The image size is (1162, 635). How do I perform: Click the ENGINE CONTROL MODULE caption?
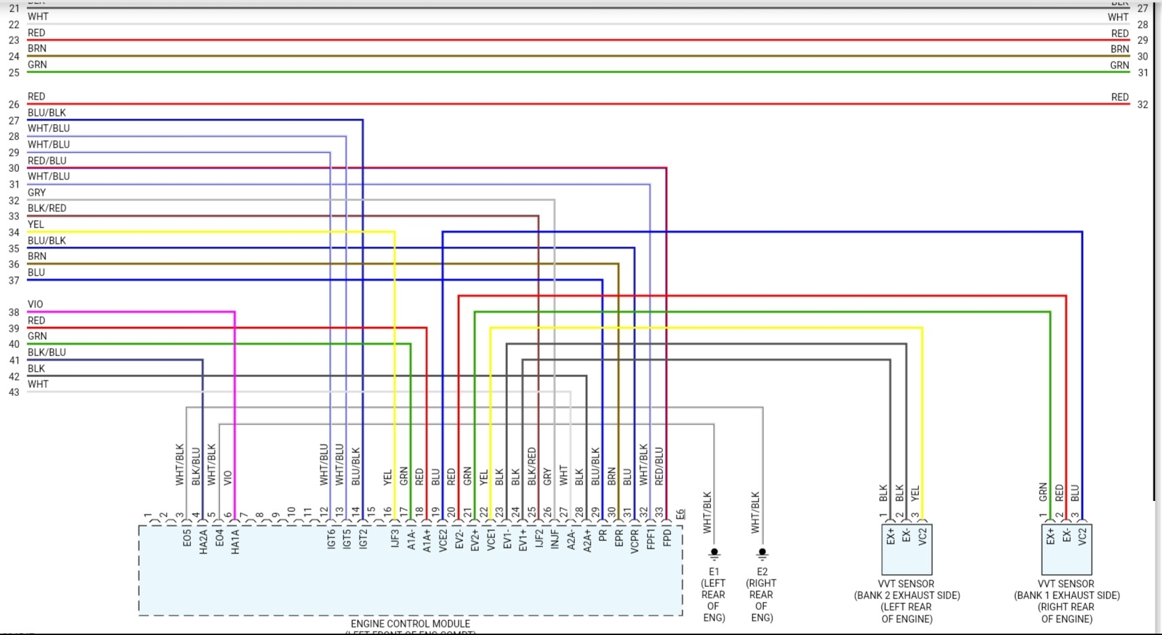[x=410, y=623]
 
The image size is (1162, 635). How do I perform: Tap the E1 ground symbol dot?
[x=714, y=552]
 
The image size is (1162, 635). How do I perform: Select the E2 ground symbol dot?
[x=762, y=552]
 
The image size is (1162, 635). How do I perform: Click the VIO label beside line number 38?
[x=35, y=304]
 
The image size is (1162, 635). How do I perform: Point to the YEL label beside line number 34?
[x=36, y=224]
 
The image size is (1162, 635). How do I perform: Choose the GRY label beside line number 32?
[x=37, y=192]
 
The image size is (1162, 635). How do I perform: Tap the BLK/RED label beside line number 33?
[x=47, y=208]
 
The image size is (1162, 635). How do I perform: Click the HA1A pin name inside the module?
[x=236, y=542]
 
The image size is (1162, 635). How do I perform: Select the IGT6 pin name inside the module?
[x=331, y=539]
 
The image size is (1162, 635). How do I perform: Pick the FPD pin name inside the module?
[x=668, y=538]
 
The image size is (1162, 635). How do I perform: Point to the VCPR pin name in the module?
[x=634, y=541]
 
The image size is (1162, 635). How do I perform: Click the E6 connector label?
[x=681, y=514]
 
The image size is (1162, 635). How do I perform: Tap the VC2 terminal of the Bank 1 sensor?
[x=1082, y=537]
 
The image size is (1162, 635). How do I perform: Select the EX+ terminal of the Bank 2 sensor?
[x=890, y=536]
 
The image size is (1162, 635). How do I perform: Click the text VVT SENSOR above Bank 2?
[x=906, y=584]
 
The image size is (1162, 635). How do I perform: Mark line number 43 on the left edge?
[x=14, y=393]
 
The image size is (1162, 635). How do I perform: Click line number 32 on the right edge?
[x=1143, y=105]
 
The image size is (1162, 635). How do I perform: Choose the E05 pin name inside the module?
[x=187, y=538]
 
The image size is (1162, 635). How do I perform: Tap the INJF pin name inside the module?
[x=555, y=539]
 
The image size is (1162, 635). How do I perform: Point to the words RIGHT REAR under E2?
[x=761, y=589]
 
